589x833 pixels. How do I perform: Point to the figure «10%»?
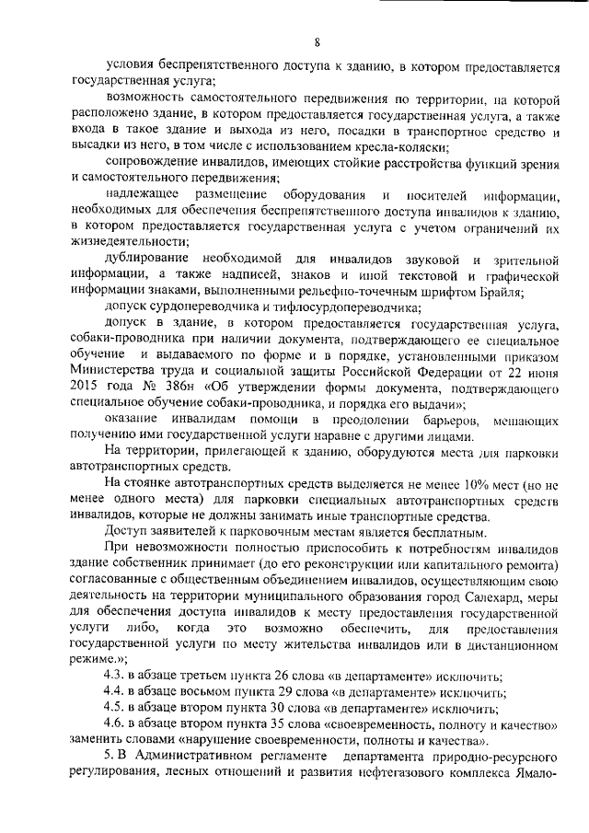pyautogui.click(x=422, y=480)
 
